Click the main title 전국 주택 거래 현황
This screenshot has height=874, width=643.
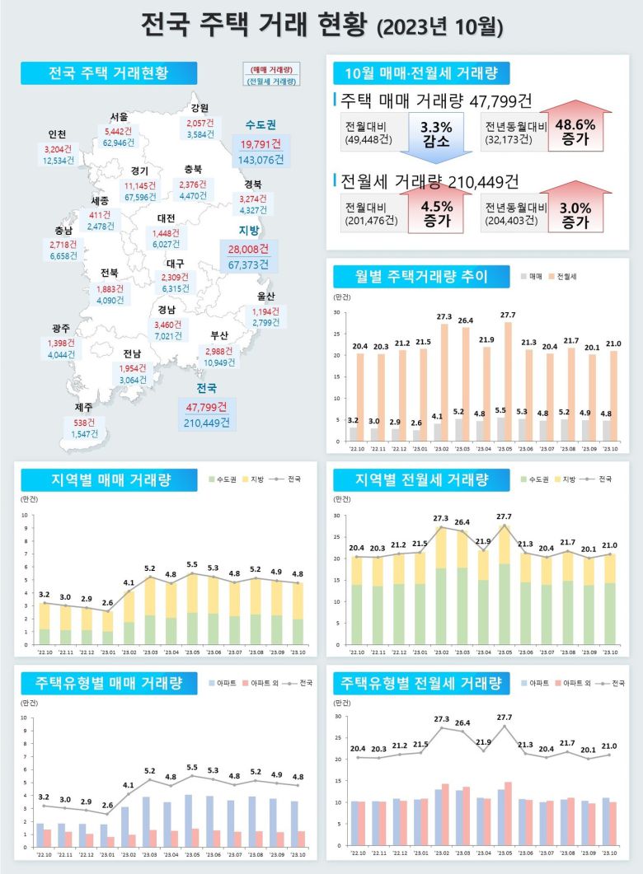(321, 25)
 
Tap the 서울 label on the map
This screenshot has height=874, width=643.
(119, 117)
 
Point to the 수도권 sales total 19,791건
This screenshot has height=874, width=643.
(260, 145)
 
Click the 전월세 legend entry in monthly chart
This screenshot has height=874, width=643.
(561, 278)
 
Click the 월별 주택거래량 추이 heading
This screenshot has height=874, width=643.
(420, 277)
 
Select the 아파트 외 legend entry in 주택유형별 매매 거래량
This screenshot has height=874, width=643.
(252, 683)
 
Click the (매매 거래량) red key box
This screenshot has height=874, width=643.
(271, 69)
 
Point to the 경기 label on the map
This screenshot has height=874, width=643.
(139, 171)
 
